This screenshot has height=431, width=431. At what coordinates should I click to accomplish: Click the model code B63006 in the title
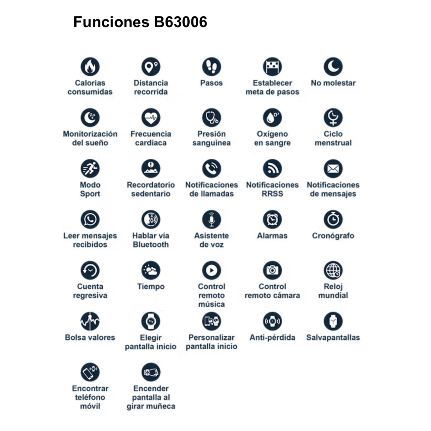pos(181,22)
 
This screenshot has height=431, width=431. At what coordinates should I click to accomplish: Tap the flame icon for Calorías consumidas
pos(90,66)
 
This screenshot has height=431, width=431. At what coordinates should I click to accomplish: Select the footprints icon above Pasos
pos(212,66)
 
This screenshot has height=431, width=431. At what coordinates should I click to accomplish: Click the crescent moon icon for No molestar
pos(333,66)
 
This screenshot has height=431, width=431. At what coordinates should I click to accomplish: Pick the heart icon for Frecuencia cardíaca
pos(151,117)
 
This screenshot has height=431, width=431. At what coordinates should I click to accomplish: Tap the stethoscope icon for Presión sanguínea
pos(212,117)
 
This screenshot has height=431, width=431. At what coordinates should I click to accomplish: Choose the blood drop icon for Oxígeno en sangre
pos(272,117)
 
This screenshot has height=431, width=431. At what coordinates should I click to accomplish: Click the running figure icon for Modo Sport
pos(90,168)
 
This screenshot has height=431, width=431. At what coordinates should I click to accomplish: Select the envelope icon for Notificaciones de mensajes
pos(333,168)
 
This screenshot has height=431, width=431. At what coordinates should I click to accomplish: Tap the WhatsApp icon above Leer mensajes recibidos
pos(90,219)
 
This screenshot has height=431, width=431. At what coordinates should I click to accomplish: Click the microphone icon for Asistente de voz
pos(212,219)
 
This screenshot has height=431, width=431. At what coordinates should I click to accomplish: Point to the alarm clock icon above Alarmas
pos(272,219)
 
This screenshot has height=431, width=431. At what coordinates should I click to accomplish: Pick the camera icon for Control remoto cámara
pos(272,270)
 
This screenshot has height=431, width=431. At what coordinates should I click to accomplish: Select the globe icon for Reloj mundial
pos(333,270)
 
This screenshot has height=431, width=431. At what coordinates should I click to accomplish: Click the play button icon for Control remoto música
pos(212,270)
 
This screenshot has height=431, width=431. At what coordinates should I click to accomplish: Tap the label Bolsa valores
pos(90,337)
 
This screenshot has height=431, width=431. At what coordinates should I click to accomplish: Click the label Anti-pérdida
pos(272,337)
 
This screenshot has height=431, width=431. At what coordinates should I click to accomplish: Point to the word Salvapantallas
pos(333,337)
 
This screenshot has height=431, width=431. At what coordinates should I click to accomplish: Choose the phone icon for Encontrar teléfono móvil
pos(90,372)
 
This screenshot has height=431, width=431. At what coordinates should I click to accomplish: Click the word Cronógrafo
pos(333,236)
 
